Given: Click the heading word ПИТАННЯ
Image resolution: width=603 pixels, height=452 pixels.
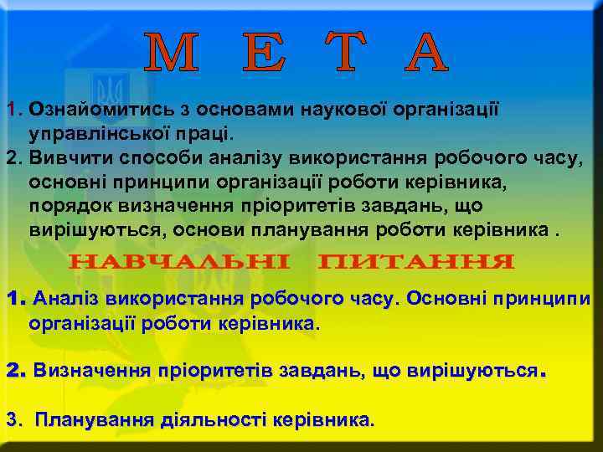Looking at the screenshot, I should tap(416, 262).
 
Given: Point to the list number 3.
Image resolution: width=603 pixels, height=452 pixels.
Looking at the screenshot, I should tap(11, 419).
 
